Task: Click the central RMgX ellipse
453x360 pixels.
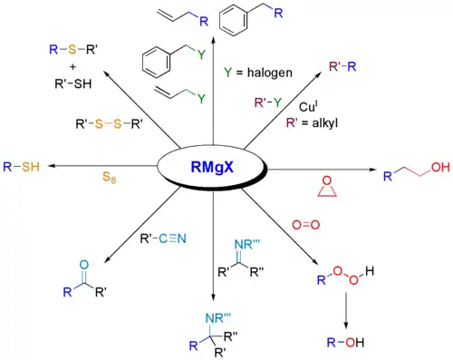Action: [213, 168]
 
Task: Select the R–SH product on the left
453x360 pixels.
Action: [21, 167]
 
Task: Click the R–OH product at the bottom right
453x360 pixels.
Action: [348, 343]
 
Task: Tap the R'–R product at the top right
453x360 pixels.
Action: [366, 65]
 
